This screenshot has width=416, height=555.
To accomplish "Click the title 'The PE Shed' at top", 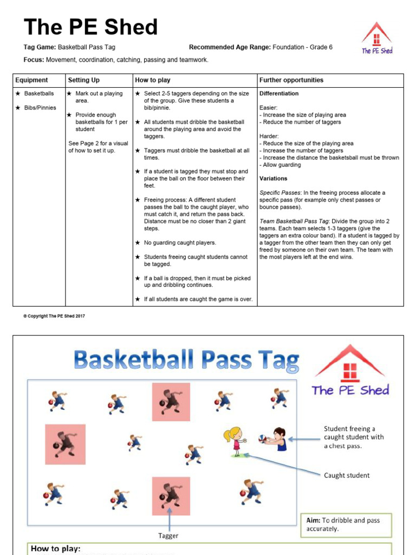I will [x=90, y=27].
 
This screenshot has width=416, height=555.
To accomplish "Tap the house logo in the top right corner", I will [x=377, y=38].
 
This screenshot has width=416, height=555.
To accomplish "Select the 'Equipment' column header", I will [x=31, y=80].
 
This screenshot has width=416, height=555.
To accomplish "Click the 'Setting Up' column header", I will [x=83, y=80].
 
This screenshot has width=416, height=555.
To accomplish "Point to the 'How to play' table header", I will [x=152, y=80].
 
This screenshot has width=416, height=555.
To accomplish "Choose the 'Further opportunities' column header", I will [x=291, y=80].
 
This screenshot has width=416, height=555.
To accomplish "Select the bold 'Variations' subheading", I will [x=274, y=178].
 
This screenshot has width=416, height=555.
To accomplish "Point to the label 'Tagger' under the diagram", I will [x=168, y=535].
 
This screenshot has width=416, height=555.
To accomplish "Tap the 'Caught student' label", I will [x=347, y=475].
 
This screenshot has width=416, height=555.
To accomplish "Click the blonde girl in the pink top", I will [x=236, y=441].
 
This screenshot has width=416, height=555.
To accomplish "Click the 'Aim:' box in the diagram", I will [x=344, y=524].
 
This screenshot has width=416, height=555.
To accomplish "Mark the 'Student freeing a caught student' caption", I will [x=350, y=437].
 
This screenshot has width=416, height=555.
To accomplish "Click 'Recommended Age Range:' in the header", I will [x=230, y=47].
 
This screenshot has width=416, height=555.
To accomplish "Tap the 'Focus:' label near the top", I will [x=34, y=60].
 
